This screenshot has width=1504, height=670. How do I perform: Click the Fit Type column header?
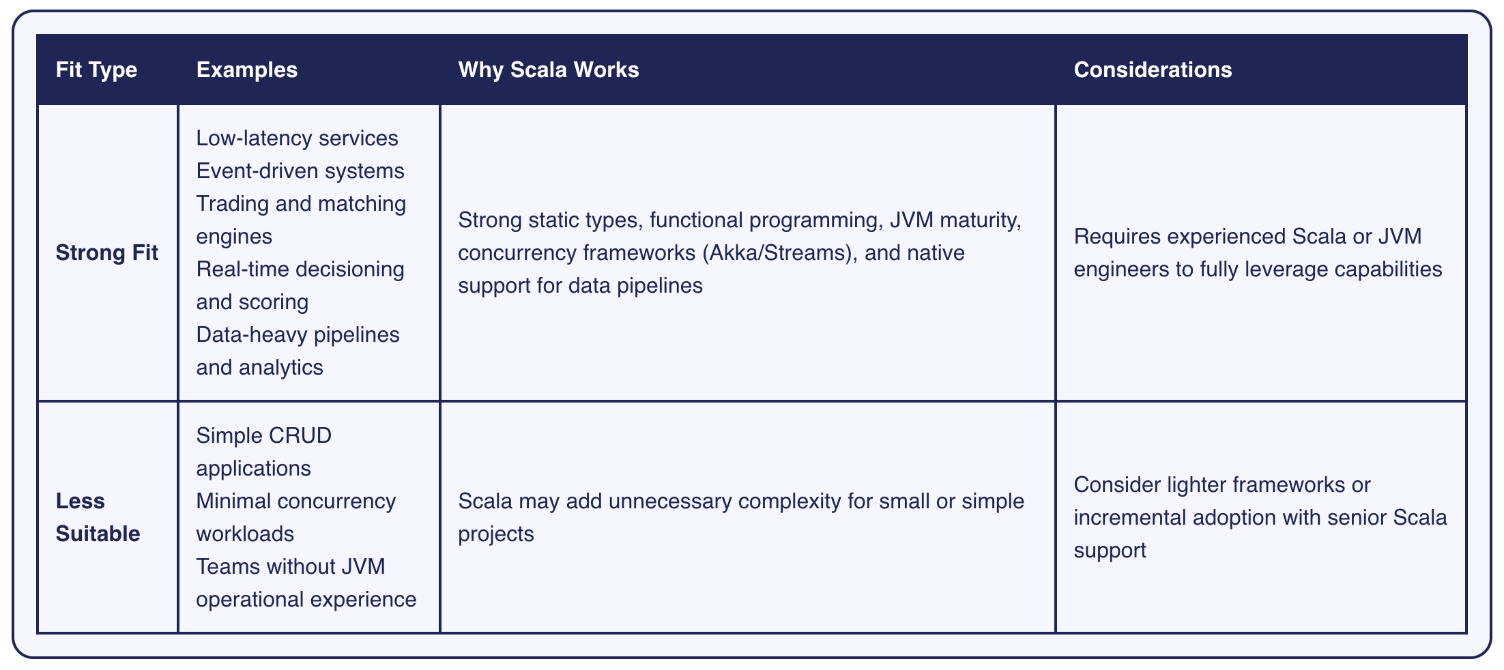96,70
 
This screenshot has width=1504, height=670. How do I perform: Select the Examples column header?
246,70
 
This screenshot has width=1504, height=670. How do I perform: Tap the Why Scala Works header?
548,70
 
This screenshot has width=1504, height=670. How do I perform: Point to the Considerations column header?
1152,70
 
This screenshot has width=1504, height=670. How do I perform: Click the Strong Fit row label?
106,252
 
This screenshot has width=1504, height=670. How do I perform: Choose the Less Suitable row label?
98,517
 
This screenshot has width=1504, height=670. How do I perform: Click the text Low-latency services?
297,138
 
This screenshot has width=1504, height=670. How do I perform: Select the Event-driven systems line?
300,171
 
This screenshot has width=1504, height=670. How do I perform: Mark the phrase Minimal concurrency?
295,501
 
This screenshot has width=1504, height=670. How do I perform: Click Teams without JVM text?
290,566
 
